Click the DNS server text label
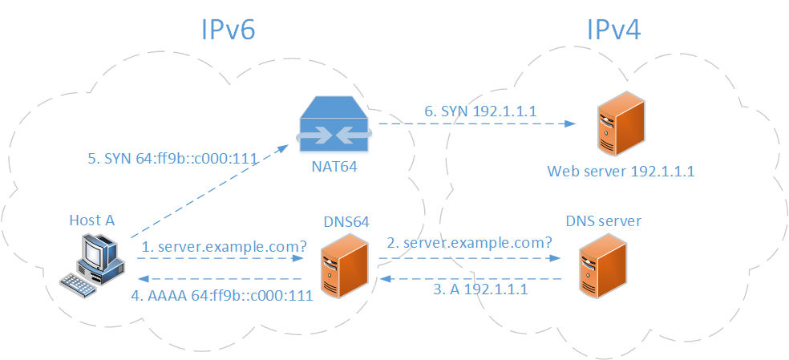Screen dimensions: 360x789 603,221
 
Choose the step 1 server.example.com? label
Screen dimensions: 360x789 225,248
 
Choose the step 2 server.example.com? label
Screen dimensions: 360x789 469,242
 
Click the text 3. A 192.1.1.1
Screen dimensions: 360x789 480,290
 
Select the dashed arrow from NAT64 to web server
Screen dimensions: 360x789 477,124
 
